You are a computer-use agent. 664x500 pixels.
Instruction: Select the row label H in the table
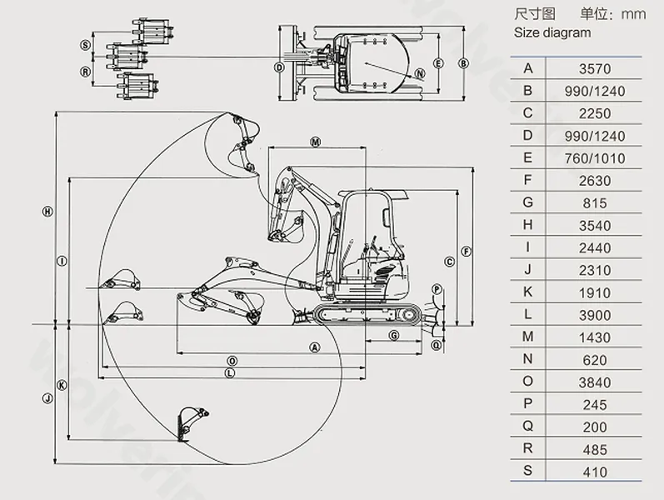[528, 225]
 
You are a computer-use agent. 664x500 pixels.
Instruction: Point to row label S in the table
[528, 472]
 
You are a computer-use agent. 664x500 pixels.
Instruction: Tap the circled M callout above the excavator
[315, 142]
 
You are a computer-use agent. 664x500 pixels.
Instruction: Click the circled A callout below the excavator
[315, 346]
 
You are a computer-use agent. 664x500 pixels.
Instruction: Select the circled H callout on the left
[47, 212]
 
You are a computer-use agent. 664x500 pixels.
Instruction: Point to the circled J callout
[47, 398]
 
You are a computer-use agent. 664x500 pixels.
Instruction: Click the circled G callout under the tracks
[393, 334]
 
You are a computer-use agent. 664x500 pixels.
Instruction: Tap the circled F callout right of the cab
[467, 251]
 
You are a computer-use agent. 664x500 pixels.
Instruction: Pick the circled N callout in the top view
[420, 72]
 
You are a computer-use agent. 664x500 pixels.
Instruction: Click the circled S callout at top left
[85, 44]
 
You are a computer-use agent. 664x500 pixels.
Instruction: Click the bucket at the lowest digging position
[191, 422]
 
